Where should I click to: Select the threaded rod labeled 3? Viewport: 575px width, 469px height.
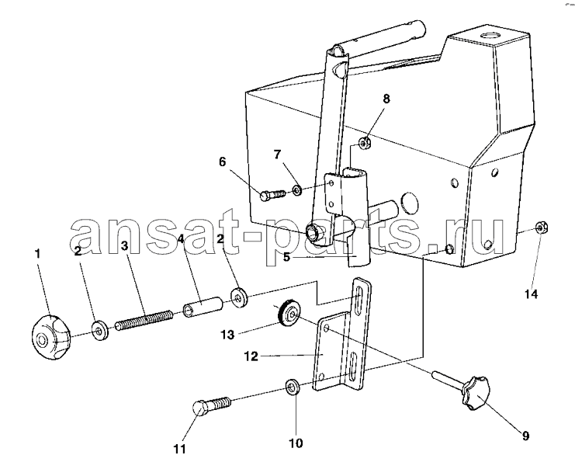(144, 321)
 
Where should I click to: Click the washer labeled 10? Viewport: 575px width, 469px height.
(293, 387)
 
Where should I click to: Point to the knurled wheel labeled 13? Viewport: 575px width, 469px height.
(289, 314)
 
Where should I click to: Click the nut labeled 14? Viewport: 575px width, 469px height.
(542, 228)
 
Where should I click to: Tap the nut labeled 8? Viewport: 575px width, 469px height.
(365, 143)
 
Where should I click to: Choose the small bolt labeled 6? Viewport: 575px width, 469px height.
(273, 194)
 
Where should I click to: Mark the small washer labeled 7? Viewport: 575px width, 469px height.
(296, 190)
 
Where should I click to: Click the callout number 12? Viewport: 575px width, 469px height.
(251, 356)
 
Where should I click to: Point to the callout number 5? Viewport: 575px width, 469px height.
(286, 257)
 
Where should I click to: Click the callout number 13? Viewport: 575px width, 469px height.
(227, 335)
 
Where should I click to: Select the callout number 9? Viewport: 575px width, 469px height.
(525, 436)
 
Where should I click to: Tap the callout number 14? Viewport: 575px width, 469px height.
(531, 294)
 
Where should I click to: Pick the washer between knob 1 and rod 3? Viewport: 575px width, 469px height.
(99, 331)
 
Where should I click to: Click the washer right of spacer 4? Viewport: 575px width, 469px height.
(239, 298)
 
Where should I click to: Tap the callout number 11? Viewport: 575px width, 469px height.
(180, 449)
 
